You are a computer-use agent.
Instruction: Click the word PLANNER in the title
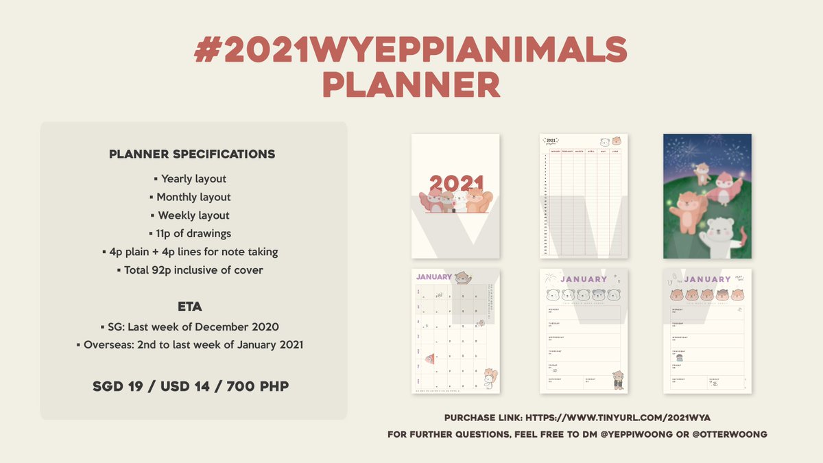[411, 85]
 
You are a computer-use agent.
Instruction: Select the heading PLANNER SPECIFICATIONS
[192, 154]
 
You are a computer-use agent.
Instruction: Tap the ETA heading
[190, 307]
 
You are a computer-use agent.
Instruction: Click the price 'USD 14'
[189, 387]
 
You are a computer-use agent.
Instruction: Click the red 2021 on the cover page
[456, 183]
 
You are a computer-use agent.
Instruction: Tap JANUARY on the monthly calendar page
[433, 277]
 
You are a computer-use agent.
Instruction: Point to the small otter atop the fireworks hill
[702, 173]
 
